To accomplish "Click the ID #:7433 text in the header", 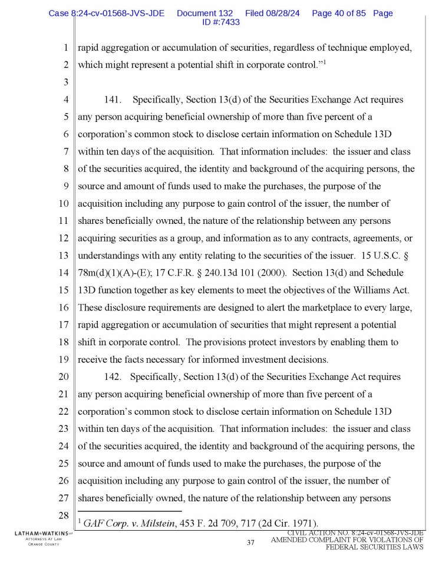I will click(220, 22).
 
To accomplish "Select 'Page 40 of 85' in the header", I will click(339, 13).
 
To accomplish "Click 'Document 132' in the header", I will click(204, 13).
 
